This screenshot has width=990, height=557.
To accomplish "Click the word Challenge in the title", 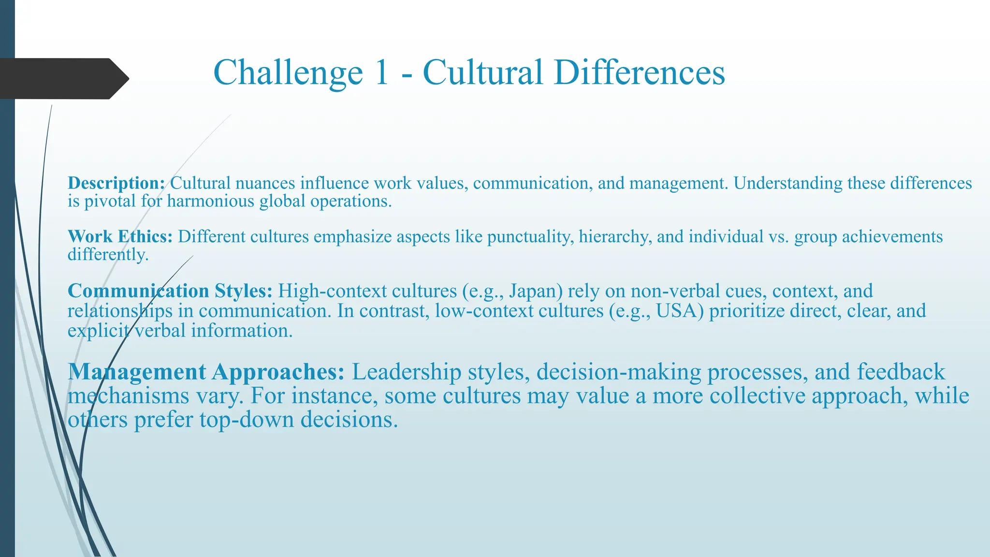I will [x=288, y=73].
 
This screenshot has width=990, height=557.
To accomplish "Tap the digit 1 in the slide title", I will [x=381, y=73].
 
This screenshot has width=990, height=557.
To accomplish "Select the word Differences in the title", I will [x=640, y=73].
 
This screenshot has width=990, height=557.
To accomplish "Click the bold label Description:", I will [x=116, y=183].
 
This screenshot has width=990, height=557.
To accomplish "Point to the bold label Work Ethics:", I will [x=120, y=236].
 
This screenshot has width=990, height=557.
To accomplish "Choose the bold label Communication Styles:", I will [x=170, y=291].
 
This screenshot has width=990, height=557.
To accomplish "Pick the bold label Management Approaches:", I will [x=206, y=372].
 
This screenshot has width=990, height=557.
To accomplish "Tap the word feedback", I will [x=901, y=372].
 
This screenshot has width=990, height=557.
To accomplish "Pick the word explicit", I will [x=99, y=331].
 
